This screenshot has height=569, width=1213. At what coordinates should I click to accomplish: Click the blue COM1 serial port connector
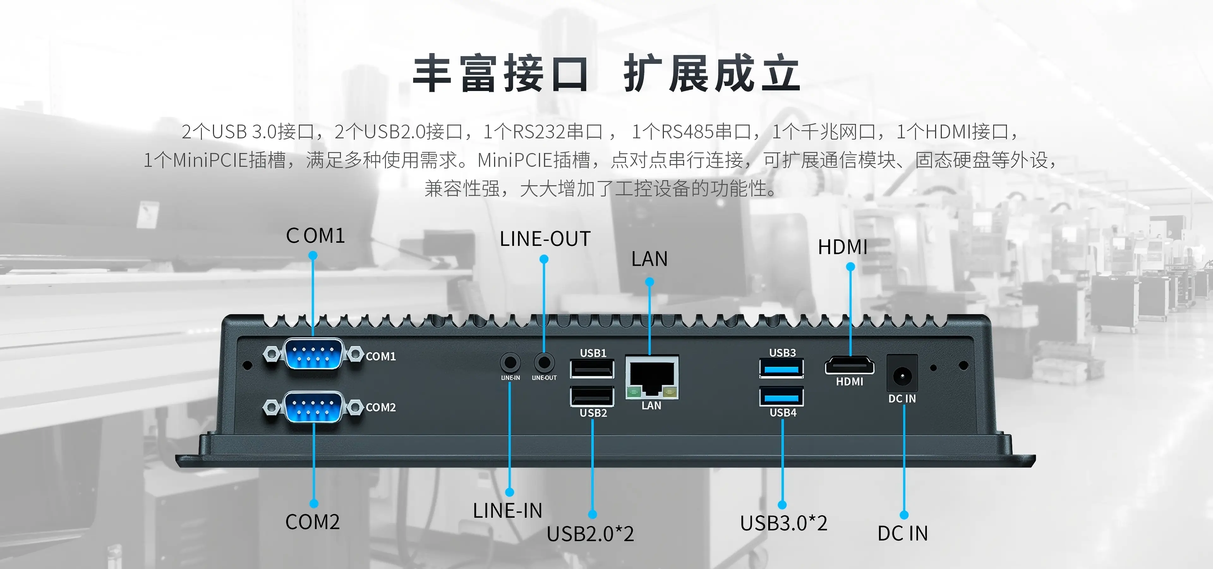[x=313, y=354]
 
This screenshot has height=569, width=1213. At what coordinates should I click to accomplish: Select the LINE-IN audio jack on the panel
[x=510, y=363]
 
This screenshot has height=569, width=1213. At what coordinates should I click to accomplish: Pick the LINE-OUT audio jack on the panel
[x=544, y=363]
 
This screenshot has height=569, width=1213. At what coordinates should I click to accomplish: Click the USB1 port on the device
[x=592, y=369]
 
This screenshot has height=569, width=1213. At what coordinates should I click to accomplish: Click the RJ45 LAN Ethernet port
[x=652, y=378]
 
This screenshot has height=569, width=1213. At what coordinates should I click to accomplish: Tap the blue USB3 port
[x=782, y=368]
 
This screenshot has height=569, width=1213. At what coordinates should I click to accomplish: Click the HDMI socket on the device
[x=849, y=366]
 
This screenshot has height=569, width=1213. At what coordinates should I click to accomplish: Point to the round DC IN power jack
[x=902, y=376]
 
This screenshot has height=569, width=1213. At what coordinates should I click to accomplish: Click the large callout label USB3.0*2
[x=783, y=523]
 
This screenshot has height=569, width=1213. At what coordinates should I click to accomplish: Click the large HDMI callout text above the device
[x=842, y=247]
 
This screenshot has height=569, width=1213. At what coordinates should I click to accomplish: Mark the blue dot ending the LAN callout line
[x=649, y=282]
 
